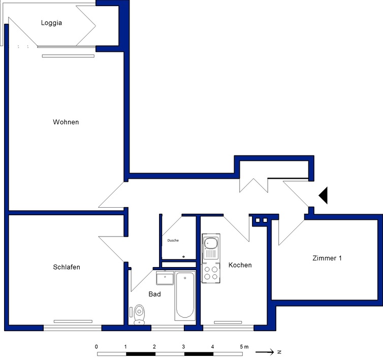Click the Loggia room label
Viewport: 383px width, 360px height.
pos(51,23)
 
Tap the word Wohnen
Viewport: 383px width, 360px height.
pos(66,122)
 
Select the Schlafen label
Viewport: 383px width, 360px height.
pos(67,267)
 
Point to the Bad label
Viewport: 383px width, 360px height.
pos(154,294)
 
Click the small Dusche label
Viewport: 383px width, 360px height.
pos(173,240)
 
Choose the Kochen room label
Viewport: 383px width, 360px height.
pos(240,265)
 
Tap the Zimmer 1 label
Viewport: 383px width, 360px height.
pos(327,258)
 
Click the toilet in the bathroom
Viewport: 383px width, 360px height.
pos(139,314)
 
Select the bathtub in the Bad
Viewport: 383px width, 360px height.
pos(185,296)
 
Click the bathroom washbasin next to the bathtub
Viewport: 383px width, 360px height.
pos(165,278)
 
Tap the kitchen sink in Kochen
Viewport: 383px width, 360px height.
pos(211,247)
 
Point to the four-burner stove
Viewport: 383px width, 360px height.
pos(211,273)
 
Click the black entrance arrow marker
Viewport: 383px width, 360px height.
pos(323,195)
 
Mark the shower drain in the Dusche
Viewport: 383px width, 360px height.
pos(183,257)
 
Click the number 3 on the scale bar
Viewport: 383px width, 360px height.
pos(183,347)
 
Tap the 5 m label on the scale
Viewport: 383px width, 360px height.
pos(244,347)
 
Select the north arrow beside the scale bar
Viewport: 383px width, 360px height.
pos(265,352)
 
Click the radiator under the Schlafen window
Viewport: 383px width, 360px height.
pos(73,321)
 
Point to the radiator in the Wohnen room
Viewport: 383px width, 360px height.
pos(68,56)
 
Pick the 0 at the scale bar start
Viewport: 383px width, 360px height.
pos(97,347)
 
